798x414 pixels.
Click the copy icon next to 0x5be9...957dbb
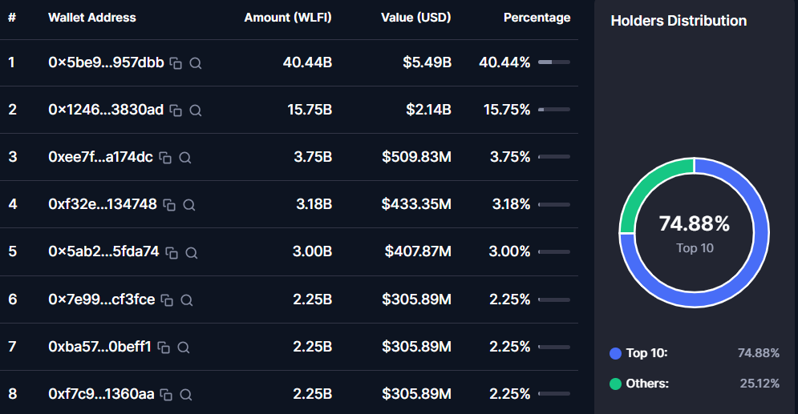click(x=176, y=63)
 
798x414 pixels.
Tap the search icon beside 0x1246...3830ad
click(x=195, y=111)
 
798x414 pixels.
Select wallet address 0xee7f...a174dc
click(x=100, y=157)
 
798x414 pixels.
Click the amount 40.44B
click(x=307, y=62)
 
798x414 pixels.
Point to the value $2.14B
click(x=427, y=110)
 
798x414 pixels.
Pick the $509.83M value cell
click(x=416, y=157)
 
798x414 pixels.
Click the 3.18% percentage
click(x=510, y=204)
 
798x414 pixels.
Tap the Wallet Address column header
click(x=92, y=17)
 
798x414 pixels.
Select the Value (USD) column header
click(x=416, y=17)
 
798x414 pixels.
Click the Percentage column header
click(x=537, y=17)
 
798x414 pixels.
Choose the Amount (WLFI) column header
click(x=288, y=17)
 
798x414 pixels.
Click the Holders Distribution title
click(x=679, y=21)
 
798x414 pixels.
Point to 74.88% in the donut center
click(x=695, y=223)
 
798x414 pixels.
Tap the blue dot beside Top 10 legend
click(x=616, y=353)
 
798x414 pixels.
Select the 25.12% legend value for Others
click(x=759, y=384)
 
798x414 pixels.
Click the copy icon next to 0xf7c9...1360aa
click(x=167, y=394)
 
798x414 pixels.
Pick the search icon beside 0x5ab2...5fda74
click(x=192, y=252)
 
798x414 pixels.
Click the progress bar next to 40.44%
click(x=553, y=62)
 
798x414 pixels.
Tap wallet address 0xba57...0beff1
click(x=99, y=347)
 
